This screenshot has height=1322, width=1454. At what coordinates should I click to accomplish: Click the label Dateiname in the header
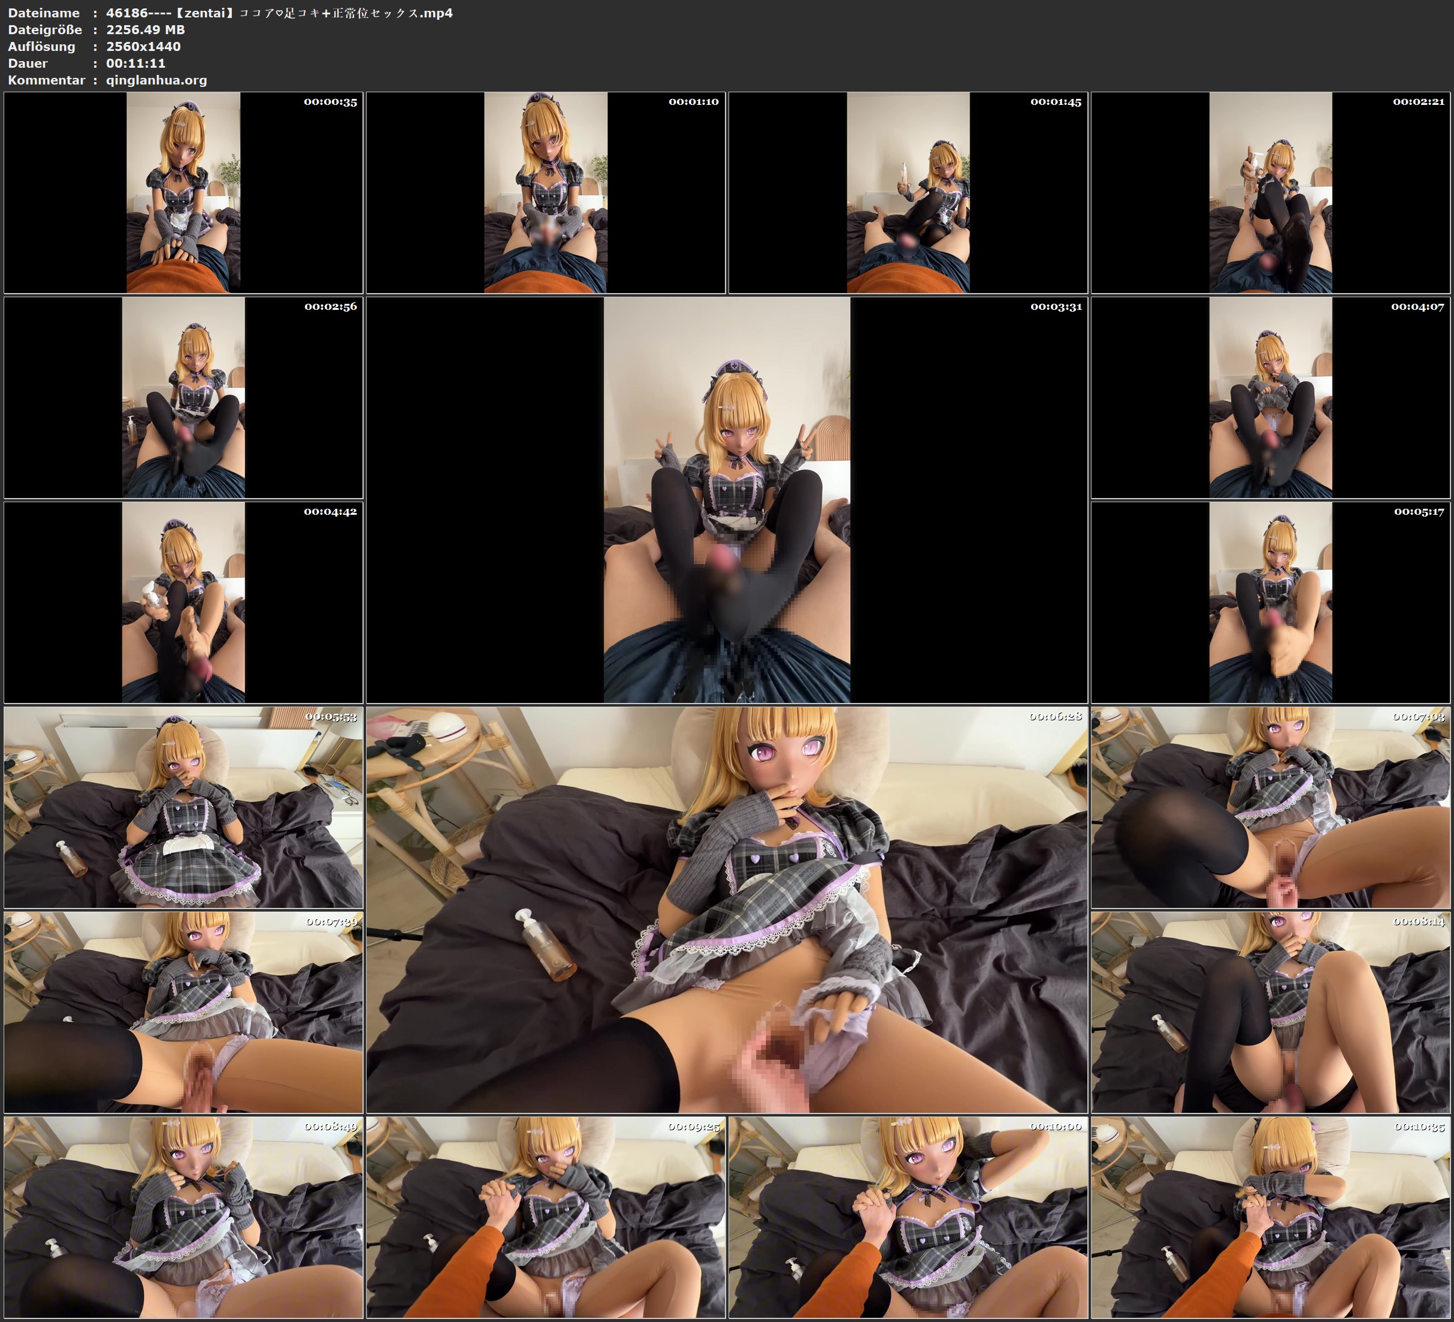point(44,13)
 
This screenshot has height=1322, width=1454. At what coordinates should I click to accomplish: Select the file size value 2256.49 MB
point(146,29)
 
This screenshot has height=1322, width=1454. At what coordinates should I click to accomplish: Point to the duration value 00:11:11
point(135,63)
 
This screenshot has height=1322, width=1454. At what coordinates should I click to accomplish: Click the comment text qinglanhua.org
point(156,80)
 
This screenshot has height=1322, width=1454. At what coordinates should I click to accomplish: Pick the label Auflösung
point(42,46)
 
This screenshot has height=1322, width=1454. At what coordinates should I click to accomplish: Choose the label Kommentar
point(47,80)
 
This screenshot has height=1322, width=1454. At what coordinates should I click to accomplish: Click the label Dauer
point(28,63)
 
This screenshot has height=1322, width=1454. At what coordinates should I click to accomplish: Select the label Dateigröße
point(46,29)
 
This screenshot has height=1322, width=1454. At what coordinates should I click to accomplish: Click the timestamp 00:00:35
point(330,102)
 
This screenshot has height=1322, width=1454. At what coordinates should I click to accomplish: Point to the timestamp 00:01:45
point(1056,102)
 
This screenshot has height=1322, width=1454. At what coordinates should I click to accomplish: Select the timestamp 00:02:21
point(1419,102)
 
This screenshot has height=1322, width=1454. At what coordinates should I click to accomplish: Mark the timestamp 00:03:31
point(1056,307)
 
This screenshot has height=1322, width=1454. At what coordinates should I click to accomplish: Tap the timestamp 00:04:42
point(330,512)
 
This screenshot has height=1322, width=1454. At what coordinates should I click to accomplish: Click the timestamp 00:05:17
point(1419,512)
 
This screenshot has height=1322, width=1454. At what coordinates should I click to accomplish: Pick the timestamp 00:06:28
point(1056,717)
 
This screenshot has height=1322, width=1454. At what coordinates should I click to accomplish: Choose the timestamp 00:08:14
point(1419,922)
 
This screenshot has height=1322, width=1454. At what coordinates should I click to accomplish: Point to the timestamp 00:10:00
point(1056,1127)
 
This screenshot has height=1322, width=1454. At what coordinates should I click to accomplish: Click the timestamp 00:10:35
point(1419,1127)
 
